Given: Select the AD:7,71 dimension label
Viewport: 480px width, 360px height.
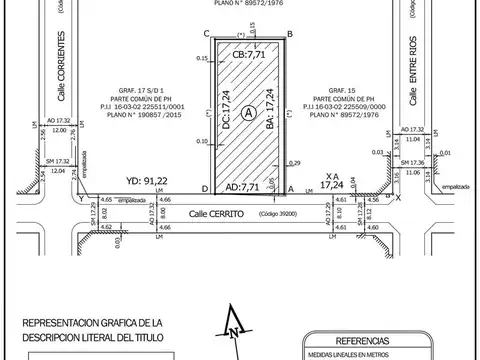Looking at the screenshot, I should (246, 186).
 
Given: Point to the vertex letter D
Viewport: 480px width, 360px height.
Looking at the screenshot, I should (205, 189).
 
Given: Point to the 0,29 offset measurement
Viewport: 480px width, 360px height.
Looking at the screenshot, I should (294, 162).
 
